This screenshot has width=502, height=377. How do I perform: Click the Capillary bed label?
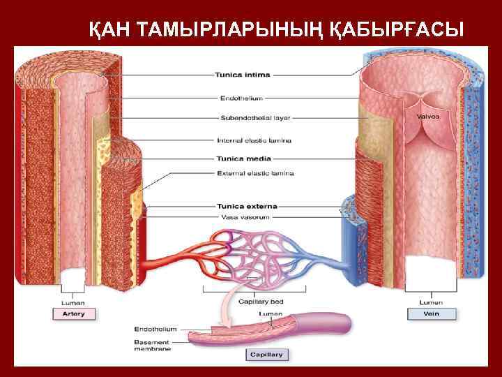coord(261,302)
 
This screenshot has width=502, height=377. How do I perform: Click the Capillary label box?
coord(267,355)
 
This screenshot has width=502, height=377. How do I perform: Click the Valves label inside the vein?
coord(427,116)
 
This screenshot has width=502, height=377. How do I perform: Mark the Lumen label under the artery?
coord(73,302)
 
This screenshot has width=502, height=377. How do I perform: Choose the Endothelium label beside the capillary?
coord(155,328)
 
